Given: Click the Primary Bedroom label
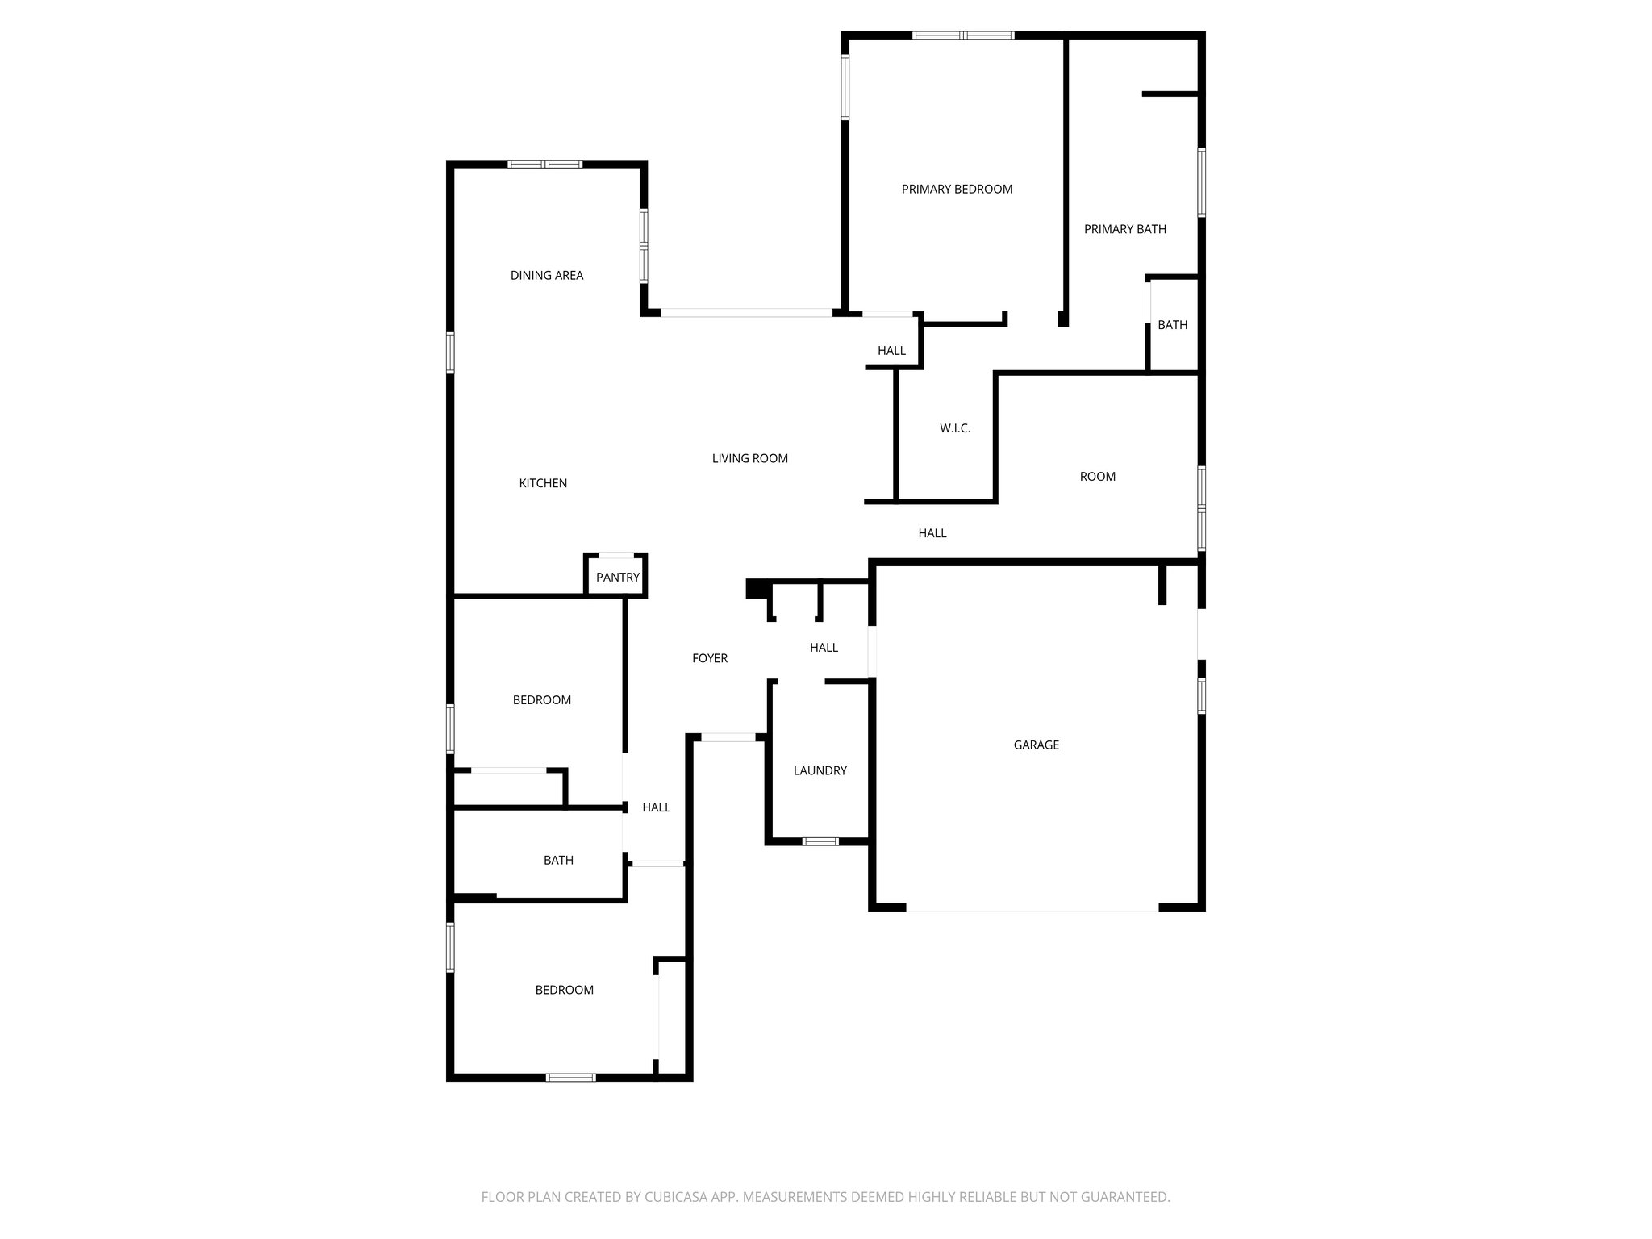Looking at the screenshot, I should [957, 190].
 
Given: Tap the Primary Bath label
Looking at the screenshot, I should [1124, 229].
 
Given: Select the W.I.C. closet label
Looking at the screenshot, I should [954, 428].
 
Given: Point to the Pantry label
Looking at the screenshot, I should [617, 578].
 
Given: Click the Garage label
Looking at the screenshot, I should [1036, 745].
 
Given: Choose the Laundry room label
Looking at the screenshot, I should [820, 771].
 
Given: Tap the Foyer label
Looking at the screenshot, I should [710, 659].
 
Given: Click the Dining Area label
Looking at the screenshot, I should [546, 276].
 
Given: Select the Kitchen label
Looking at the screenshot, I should [542, 483].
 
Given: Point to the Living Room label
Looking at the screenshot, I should [749, 459].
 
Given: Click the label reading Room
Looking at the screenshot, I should [1097, 477].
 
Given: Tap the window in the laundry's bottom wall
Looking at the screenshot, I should [820, 842].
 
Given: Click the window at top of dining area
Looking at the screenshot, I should [544, 165].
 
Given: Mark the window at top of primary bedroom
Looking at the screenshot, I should [962, 35].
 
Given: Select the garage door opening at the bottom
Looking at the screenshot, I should [1032, 910].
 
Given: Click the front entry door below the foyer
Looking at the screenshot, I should [728, 737].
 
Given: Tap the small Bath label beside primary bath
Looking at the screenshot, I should [1172, 325].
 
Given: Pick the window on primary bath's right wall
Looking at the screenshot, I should [1201, 182].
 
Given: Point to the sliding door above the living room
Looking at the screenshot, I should [746, 312].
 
